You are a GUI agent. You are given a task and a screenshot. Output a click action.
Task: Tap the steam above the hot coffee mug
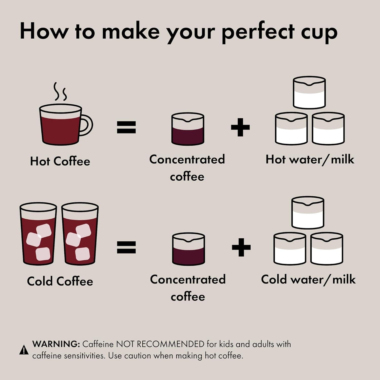point(60,92)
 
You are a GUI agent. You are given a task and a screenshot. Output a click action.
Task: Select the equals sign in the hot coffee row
point(126,127)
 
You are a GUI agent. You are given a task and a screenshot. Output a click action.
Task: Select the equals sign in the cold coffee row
point(126,247)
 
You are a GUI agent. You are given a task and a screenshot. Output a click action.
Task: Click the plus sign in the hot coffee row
point(240,127)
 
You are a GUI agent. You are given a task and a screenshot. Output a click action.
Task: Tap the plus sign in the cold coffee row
point(241,247)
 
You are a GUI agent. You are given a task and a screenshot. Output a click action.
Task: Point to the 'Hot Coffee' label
point(60,161)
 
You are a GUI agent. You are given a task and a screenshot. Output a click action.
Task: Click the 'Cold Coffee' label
point(60,281)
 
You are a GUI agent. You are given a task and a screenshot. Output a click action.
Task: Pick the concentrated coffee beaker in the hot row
point(188,129)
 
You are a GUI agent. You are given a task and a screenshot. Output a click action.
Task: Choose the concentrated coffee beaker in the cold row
point(188,249)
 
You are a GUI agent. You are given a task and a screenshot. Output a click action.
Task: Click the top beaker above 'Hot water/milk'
point(309,93)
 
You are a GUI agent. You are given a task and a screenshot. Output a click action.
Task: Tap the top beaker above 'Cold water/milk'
point(308,213)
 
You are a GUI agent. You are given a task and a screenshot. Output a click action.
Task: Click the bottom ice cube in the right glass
point(82,254)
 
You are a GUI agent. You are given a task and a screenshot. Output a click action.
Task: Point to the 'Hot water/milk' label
point(310,160)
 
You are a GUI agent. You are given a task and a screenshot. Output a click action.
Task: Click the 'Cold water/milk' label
point(308,279)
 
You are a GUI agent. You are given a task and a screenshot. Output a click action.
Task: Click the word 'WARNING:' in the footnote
point(56,344)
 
